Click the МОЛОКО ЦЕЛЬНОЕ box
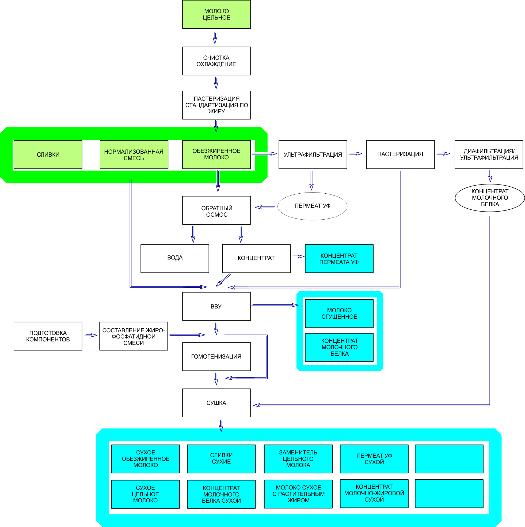tap(216, 14)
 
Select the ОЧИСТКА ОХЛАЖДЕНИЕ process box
tap(216, 61)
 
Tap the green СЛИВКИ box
tap(48, 155)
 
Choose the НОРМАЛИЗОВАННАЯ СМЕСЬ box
tap(134, 155)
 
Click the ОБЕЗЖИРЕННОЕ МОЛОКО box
tap(216, 155)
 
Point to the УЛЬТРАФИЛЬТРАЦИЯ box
tap(313, 155)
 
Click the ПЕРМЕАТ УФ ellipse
tap(312, 206)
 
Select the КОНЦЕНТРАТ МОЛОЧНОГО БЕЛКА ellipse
tap(490, 198)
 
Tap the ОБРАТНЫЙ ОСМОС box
tap(216, 210)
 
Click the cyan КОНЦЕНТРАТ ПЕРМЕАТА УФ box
tap(339, 259)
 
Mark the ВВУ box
tap(216, 306)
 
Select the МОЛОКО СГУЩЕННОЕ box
tap(339, 313)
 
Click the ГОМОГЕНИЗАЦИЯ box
tap(216, 356)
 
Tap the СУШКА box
tap(216, 403)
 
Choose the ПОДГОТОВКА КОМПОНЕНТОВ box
tap(48, 336)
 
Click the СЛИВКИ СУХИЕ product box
tap(221, 458)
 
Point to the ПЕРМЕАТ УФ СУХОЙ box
tap(374, 458)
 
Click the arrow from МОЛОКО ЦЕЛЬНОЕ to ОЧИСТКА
tap(215, 38)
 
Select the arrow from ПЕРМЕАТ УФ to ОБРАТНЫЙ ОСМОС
tap(264, 208)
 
